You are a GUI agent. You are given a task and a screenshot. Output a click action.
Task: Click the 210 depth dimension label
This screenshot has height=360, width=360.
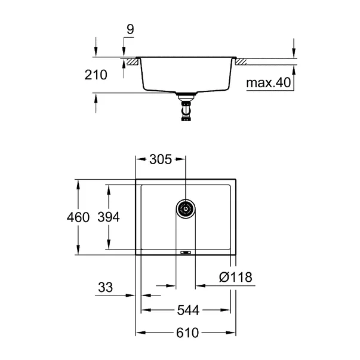(97, 75)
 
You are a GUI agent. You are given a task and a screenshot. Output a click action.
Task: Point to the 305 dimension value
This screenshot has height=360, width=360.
(160, 159)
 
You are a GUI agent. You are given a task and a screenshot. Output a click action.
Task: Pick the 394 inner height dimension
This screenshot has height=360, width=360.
(109, 217)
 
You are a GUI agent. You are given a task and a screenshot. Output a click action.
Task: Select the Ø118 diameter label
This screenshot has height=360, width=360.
(235, 277)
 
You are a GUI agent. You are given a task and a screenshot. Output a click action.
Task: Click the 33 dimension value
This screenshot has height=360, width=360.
(105, 288)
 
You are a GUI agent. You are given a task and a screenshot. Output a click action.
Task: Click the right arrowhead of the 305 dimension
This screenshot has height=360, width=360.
(181, 159)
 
